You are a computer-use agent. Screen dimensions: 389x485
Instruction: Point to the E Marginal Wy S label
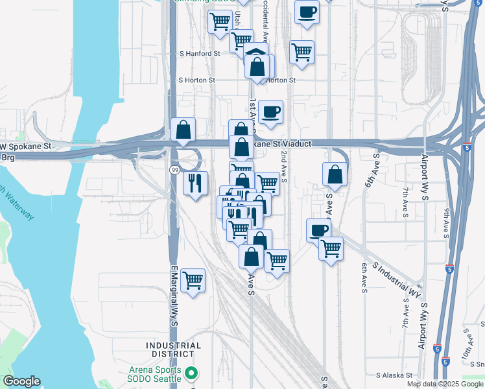pos(174,294)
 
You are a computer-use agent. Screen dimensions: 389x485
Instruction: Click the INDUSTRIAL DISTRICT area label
pos(174,350)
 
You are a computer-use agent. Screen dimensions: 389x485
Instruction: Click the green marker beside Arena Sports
pos(191,373)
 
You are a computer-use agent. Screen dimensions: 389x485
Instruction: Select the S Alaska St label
pos(394,375)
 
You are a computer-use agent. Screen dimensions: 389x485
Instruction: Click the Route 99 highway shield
pos(175,169)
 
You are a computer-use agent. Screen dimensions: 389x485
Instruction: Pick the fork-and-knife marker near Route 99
pos(195,183)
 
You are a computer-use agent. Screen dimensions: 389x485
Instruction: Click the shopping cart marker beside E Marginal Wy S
pos(193,281)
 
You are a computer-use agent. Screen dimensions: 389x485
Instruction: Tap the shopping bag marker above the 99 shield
pos(183,130)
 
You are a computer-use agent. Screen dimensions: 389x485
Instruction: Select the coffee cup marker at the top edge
pos(307,12)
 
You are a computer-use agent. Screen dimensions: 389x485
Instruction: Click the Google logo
pos(21,381)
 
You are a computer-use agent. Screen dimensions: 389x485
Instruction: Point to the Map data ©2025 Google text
pos(445,384)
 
